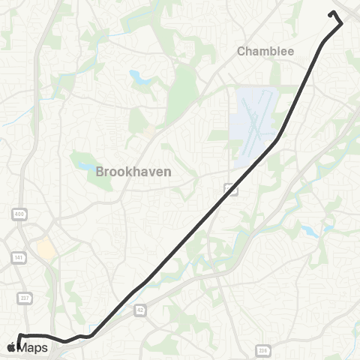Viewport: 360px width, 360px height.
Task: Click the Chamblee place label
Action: pos(265,52)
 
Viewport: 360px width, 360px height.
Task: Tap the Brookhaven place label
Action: pos(133,172)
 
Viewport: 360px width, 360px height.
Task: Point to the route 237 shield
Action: pos(25,298)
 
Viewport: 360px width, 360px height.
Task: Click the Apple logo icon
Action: pos(10,347)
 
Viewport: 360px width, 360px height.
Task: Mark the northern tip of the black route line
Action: pos(331,12)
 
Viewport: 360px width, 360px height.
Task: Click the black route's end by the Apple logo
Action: pos(18,344)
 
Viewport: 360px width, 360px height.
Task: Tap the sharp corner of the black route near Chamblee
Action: pos(341,23)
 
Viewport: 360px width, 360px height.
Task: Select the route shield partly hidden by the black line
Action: pos(231,190)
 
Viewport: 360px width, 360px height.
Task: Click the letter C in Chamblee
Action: pos(241,52)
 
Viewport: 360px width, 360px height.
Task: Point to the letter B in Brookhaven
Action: pos(100,172)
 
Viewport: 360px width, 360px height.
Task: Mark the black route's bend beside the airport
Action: pos(279,138)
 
